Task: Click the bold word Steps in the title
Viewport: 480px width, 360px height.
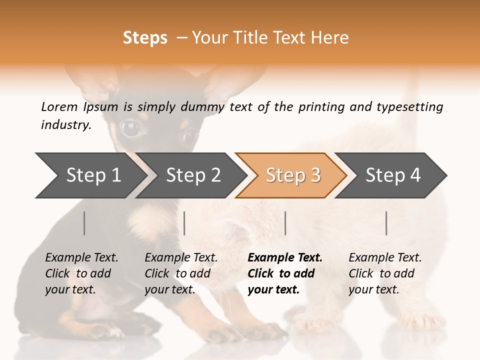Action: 145,38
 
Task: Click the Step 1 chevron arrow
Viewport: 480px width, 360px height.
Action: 90,175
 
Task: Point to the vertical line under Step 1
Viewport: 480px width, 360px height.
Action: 84,223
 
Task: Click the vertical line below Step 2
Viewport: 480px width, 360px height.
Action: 184,223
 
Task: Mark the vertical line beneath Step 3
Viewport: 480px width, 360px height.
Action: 285,223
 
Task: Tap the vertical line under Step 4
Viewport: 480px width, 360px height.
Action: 386,223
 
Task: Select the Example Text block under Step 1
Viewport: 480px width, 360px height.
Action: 81,273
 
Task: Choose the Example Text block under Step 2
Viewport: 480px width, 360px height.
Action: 181,273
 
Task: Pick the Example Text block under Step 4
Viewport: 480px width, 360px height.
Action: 385,273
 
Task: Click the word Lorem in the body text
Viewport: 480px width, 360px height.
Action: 59,106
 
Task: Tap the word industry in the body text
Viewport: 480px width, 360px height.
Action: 66,125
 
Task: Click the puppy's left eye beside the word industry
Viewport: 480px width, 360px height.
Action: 131,128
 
